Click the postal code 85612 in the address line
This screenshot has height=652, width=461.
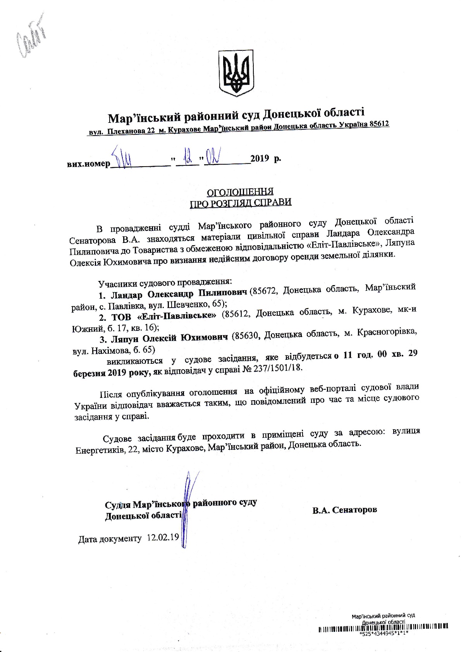click(x=379, y=124)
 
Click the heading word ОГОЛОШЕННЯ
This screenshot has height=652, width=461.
click(x=240, y=192)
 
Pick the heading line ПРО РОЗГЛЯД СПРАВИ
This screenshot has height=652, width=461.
click(x=240, y=203)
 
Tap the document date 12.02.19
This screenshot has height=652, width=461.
click(x=163, y=538)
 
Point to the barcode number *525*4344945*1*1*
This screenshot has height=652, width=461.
click(x=384, y=634)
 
